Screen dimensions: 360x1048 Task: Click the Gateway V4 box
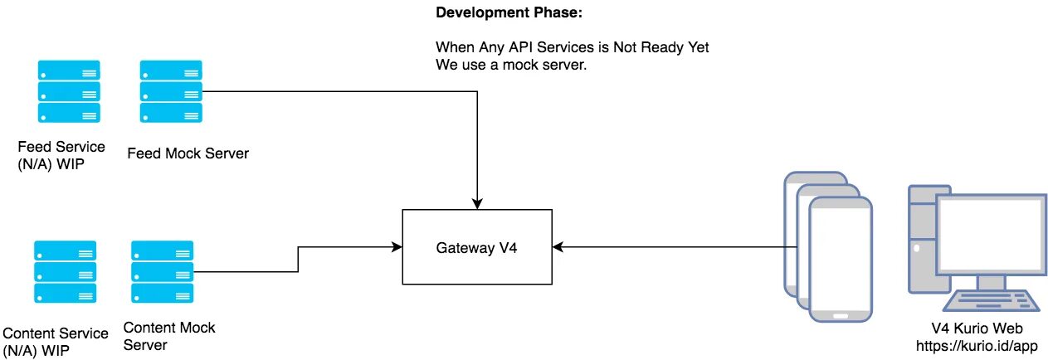point(477,246)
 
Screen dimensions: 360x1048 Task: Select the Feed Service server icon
point(68,91)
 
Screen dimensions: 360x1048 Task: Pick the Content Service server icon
point(65,272)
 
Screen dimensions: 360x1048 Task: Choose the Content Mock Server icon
point(162,272)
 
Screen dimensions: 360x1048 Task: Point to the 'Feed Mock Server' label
point(188,153)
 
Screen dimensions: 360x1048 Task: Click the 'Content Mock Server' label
point(168,336)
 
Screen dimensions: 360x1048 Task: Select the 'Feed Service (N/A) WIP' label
point(61,154)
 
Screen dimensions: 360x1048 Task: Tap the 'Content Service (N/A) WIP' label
point(56,342)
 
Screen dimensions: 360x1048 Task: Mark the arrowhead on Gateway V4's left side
point(396,246)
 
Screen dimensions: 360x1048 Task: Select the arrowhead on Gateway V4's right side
point(558,246)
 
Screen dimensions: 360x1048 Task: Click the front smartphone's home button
point(841,315)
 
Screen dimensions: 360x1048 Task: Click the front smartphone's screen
point(841,257)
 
